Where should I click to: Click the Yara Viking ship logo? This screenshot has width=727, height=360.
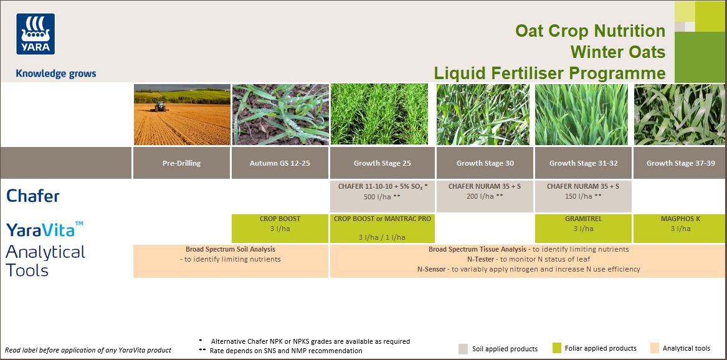pyautogui.click(x=36, y=34)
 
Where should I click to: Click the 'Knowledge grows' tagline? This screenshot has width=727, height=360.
pyautogui.click(x=56, y=73)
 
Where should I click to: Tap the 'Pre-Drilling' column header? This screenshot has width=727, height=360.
pyautogui.click(x=181, y=163)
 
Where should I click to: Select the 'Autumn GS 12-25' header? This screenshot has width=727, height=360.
pyautogui.click(x=280, y=163)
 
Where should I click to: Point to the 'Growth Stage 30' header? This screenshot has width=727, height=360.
pyautogui.click(x=485, y=163)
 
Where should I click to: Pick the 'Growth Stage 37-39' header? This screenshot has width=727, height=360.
pyautogui.click(x=679, y=163)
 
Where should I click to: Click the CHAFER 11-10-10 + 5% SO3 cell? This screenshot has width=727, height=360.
pyautogui.click(x=382, y=191)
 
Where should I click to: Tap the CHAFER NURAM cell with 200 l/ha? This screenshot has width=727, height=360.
pyautogui.click(x=485, y=191)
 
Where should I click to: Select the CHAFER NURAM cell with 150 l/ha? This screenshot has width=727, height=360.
pyautogui.click(x=583, y=191)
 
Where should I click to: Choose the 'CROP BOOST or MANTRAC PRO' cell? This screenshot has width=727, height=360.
pyautogui.click(x=382, y=228)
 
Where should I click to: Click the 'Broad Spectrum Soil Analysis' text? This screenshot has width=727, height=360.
pyautogui.click(x=230, y=249)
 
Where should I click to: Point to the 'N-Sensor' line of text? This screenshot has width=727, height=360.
pyautogui.click(x=528, y=269)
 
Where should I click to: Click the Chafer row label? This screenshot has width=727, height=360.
pyautogui.click(x=33, y=196)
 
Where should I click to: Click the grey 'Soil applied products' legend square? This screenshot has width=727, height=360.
pyautogui.click(x=463, y=349)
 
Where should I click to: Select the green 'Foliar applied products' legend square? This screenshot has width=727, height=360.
pyautogui.click(x=556, y=348)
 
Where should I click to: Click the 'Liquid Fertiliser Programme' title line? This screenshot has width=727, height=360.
pyautogui.click(x=549, y=73)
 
